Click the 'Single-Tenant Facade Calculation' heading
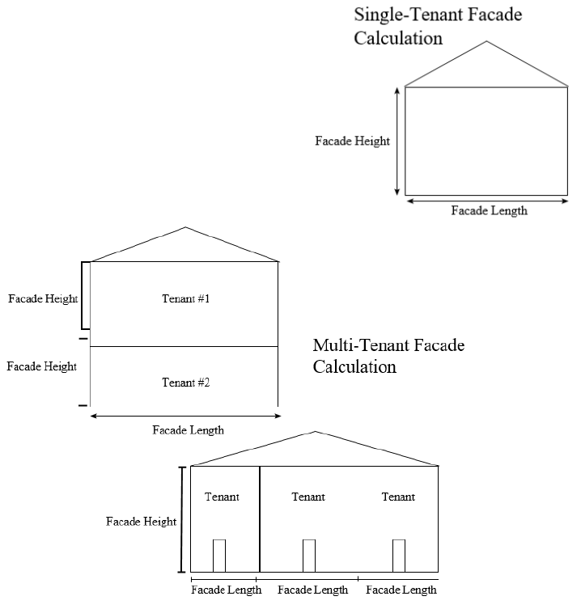click(x=438, y=26)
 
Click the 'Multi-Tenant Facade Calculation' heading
click(x=388, y=356)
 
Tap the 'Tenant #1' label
click(x=186, y=299)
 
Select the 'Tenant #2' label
click(x=186, y=383)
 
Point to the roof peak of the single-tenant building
click(x=486, y=42)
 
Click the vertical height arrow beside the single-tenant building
click(x=397, y=142)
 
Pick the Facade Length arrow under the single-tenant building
click(x=486, y=201)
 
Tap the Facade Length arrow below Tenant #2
click(x=185, y=416)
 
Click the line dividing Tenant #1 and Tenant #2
click(x=184, y=346)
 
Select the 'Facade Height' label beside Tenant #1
click(x=43, y=298)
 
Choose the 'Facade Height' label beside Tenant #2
click(x=41, y=366)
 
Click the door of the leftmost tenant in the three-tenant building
click(x=218, y=556)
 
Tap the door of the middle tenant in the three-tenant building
click(x=308, y=556)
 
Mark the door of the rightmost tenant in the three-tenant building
click(x=398, y=556)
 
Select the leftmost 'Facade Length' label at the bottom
click(x=227, y=590)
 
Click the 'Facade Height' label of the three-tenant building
click(x=141, y=522)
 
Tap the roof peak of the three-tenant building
click(x=316, y=432)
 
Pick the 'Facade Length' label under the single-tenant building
click(x=489, y=211)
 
